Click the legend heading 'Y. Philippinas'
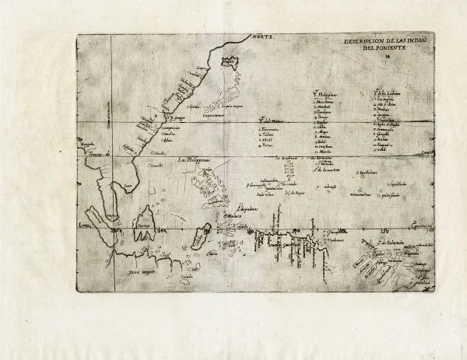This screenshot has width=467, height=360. (322, 94)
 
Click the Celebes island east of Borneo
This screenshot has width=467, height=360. (205, 231)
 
